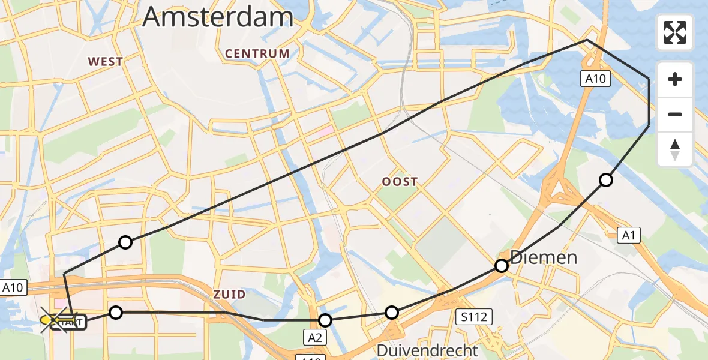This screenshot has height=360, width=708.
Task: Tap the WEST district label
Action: tap(106, 61)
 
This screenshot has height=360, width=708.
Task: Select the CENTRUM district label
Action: tap(257, 53)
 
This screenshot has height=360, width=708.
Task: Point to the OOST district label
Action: tap(400, 181)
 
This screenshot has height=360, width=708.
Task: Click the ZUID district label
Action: tap(229, 294)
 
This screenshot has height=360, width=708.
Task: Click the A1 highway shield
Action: tap(628, 236)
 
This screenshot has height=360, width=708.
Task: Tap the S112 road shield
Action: tap(473, 316)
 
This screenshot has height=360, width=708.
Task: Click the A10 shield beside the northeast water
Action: tap(597, 77)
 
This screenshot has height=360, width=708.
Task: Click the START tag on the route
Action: tap(70, 323)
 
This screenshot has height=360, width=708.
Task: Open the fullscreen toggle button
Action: tap(675, 32)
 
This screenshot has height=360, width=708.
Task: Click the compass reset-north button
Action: tap(675, 149)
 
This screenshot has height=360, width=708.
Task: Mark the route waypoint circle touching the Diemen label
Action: tap(502, 266)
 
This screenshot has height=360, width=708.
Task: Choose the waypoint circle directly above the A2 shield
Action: tap(325, 320)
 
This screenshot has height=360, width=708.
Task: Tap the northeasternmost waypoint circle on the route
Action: tap(606, 180)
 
